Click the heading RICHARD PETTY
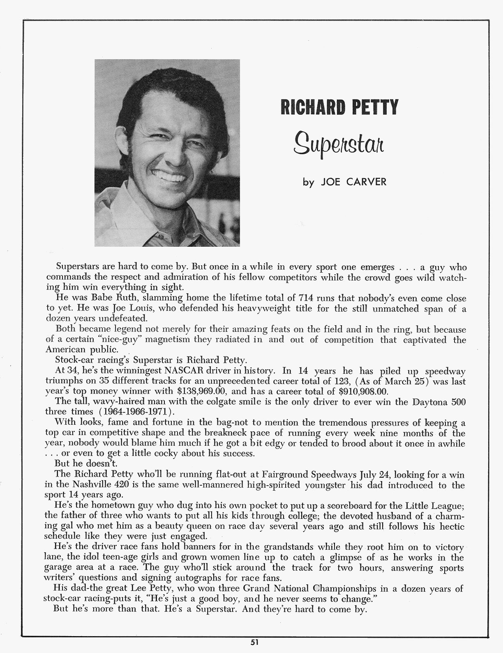(339, 107)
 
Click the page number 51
(251, 641)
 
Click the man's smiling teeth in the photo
(173, 177)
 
